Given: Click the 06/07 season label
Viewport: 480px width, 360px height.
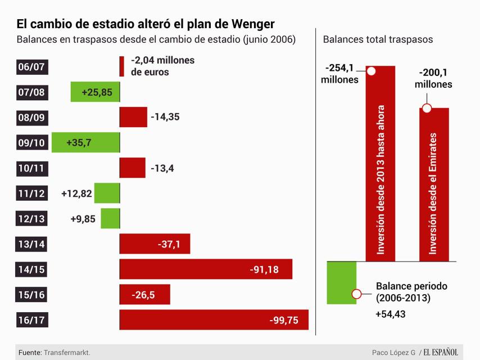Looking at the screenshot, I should click(x=31, y=67).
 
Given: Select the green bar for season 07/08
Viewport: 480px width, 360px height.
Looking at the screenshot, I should click(x=95, y=92).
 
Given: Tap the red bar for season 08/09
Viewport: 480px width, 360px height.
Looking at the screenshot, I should click(x=133, y=117).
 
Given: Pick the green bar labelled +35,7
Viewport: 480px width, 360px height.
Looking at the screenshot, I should click(x=85, y=142).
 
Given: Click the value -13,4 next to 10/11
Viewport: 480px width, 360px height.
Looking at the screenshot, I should click(x=162, y=168).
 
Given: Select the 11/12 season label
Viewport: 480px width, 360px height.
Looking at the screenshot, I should click(x=31, y=193).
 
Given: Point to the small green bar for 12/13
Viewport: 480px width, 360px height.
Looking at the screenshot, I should click(x=110, y=218).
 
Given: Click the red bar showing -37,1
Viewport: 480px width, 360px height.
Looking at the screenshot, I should click(x=155, y=244).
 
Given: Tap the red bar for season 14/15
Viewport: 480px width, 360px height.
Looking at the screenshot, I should click(x=206, y=269).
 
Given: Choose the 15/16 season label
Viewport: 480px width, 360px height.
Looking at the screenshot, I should click(x=31, y=294).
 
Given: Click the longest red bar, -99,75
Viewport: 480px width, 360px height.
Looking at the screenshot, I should click(x=214, y=319).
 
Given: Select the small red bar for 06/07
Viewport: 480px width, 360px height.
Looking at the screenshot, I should click(x=121, y=66).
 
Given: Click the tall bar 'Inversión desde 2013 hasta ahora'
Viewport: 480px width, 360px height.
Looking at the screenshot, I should click(x=381, y=163).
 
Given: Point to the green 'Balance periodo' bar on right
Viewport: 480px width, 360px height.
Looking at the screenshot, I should click(x=341, y=282).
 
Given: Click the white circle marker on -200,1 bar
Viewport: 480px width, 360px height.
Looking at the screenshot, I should click(x=427, y=108).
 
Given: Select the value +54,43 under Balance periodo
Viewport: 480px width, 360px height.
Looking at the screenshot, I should click(x=391, y=314).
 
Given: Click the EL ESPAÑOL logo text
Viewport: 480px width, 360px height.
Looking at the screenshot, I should click(x=441, y=352).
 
